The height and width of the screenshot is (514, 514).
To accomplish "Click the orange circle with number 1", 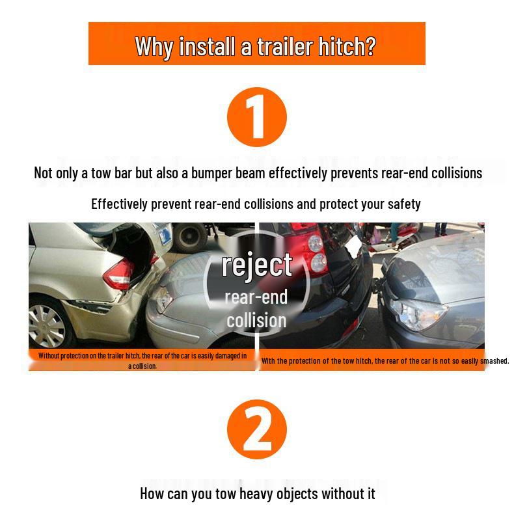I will (256, 117).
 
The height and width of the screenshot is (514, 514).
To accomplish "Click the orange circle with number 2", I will (256, 429).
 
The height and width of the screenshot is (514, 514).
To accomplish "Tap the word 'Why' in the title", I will (155, 46).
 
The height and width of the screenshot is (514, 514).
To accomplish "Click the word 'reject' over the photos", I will (257, 265).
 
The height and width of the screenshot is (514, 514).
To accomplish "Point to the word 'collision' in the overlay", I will (256, 320).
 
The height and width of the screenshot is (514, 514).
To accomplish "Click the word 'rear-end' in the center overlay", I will (256, 297).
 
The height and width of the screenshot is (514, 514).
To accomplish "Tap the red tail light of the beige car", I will (119, 273).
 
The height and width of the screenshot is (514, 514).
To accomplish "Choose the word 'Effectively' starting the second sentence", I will (120, 204).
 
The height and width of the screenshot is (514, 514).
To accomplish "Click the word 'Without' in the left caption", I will (49, 356).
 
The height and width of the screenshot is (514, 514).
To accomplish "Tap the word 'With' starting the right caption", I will (269, 361).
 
